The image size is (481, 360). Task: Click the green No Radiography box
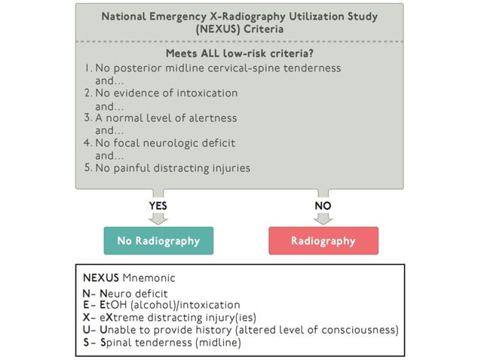point(158,241)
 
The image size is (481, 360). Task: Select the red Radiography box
point(323,241)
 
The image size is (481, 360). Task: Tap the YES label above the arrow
point(158,204)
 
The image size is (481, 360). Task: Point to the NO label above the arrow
point(323,204)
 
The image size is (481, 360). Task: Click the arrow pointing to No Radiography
point(158,218)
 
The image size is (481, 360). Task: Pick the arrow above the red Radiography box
point(323,218)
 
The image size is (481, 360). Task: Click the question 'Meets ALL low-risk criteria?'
point(240,53)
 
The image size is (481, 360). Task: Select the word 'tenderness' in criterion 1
point(311,68)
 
